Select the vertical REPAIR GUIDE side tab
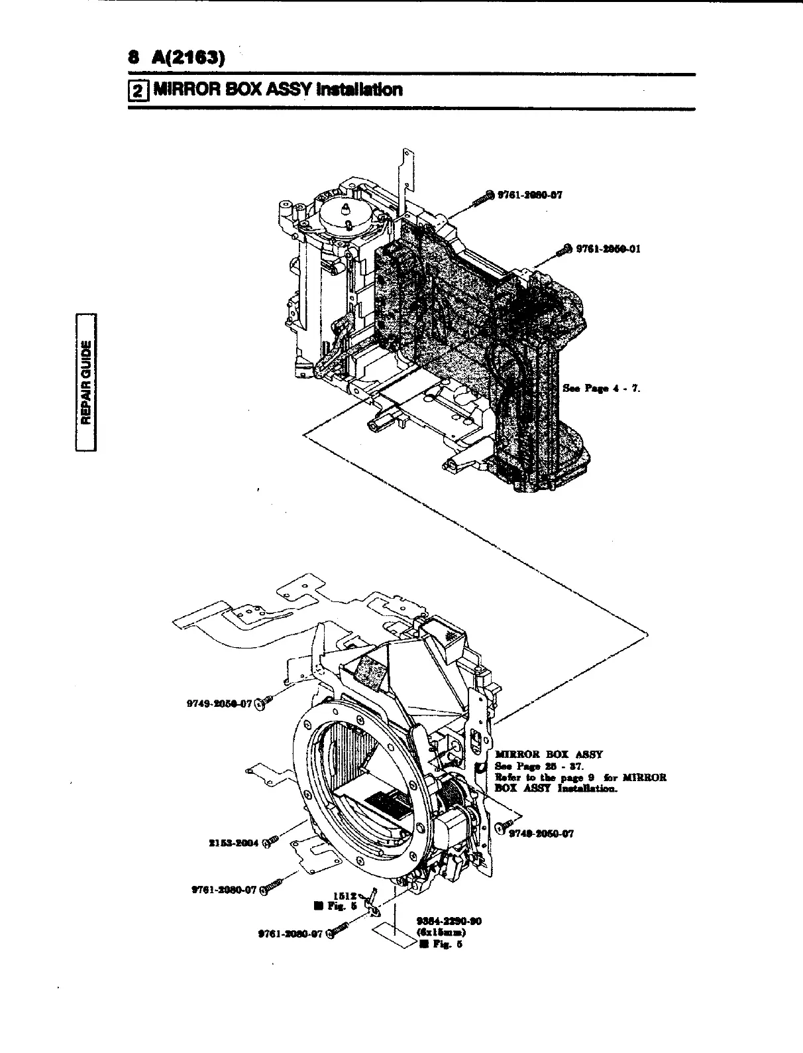click(86, 381)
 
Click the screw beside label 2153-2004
click(270, 843)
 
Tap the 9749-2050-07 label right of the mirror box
click(541, 835)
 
